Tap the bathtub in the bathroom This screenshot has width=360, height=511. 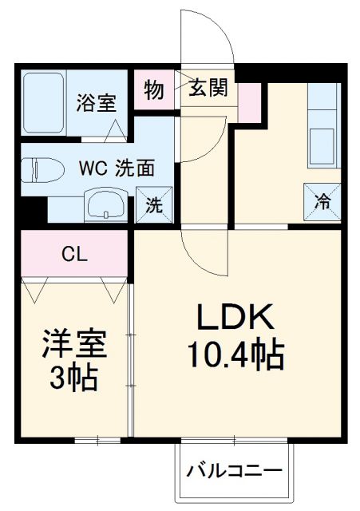pos(44,104)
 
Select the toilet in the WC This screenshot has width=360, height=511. pos(40,171)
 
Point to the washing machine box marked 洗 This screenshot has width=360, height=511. pos(153,204)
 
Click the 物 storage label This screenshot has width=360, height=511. pos(154,89)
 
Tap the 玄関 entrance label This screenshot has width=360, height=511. pos(208,87)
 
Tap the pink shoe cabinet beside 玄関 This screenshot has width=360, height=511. pos(251,101)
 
